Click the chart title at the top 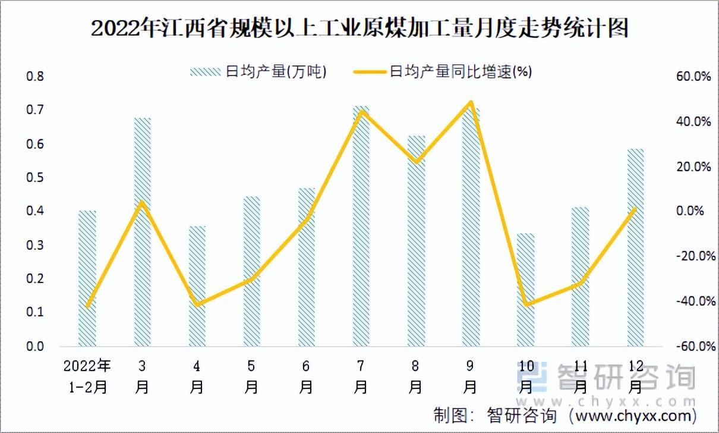tap(359, 29)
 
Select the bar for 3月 tap(142, 232)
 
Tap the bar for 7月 tap(361, 226)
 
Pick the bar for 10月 tap(525, 290)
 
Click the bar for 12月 tap(636, 247)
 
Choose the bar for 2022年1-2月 tap(87, 278)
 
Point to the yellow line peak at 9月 tap(471, 102)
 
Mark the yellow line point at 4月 tap(197, 304)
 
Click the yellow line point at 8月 tap(417, 161)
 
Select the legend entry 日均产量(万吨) tap(258, 71)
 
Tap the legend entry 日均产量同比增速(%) tap(443, 71)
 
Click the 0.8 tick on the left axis tap(35, 77)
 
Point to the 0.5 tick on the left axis tap(35, 177)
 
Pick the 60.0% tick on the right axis tap(693, 77)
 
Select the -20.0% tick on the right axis tap(696, 256)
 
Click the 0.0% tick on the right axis tap(690, 211)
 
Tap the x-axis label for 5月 tap(251, 376)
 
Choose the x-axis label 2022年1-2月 tap(87, 376)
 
